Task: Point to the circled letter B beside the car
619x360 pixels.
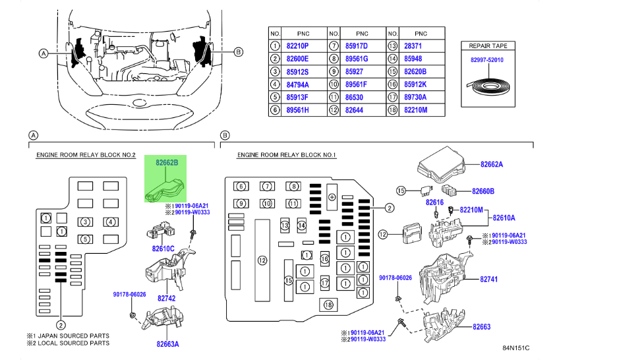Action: [239, 52]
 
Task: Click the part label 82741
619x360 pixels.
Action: [488, 280]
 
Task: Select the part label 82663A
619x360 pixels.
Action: [167, 344]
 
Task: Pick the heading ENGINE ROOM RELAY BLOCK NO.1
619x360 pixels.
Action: [287, 155]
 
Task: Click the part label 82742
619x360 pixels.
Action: [167, 298]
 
